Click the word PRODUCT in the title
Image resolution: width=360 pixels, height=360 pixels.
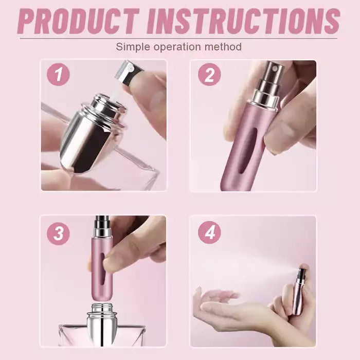(78, 21)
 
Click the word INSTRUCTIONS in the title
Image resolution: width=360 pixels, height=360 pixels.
(244, 21)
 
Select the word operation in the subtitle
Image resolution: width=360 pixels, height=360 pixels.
(177, 47)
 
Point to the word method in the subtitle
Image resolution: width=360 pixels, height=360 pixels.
(223, 47)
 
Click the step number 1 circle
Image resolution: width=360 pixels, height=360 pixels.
(58, 75)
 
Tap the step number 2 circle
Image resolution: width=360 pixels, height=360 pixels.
(209, 75)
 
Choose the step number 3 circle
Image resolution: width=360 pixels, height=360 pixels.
(58, 233)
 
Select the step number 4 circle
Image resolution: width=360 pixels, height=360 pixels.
(209, 232)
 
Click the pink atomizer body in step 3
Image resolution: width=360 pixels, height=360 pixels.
(102, 268)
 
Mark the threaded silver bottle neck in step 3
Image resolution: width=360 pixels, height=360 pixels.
(102, 308)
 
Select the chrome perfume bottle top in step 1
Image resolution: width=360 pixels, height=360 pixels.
(92, 133)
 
